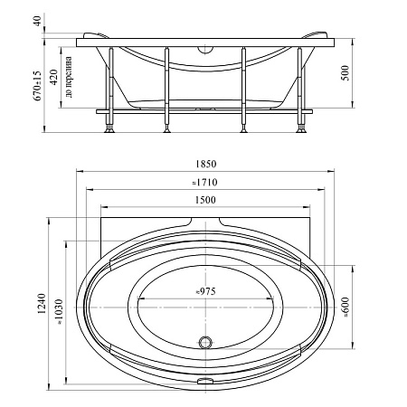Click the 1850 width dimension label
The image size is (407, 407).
click(x=206, y=164)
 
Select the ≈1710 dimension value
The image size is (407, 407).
click(x=204, y=183)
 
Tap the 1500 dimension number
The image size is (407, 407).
click(x=205, y=200)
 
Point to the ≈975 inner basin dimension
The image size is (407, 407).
click(x=206, y=291)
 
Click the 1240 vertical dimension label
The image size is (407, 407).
click(x=42, y=304)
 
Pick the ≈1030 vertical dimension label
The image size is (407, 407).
click(x=59, y=312)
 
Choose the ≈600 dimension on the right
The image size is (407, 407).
click(x=345, y=307)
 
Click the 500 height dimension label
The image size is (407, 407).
click(x=345, y=73)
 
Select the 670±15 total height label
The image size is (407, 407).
click(x=37, y=86)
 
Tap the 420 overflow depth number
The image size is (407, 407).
click(x=53, y=77)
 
